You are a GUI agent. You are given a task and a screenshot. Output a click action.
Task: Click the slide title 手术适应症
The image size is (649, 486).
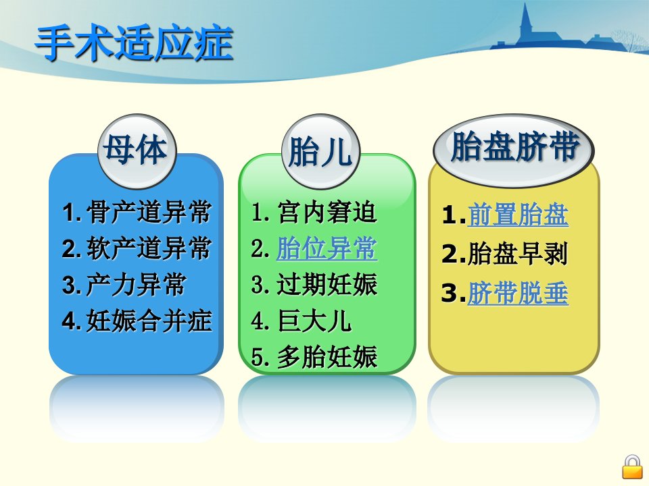pyautogui.click(x=135, y=44)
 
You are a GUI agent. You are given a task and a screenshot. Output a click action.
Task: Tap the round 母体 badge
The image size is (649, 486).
pyautogui.click(x=137, y=151)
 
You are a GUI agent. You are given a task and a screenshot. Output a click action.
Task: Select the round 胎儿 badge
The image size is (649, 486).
pyautogui.click(x=320, y=151)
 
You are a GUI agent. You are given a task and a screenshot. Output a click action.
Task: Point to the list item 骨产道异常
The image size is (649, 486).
pyautogui.click(x=149, y=213)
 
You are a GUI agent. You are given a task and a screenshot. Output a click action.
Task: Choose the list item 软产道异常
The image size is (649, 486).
pyautogui.click(x=149, y=248)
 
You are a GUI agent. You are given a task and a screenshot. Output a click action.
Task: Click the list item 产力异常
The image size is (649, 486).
pyautogui.click(x=136, y=285)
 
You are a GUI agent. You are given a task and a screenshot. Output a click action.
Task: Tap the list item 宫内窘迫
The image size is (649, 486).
pyautogui.click(x=327, y=213)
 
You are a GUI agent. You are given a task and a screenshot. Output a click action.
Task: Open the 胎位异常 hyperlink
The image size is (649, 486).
pyautogui.click(x=327, y=248)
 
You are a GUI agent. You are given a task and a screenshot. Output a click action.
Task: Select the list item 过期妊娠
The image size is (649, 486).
pyautogui.click(x=327, y=285)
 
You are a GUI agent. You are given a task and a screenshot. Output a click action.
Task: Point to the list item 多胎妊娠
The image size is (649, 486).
pyautogui.click(x=327, y=357)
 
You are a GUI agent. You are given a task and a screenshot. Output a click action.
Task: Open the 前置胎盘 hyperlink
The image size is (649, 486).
pyautogui.click(x=518, y=215)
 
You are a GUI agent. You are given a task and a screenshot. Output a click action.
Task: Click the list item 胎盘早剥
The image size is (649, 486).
pyautogui.click(x=518, y=254)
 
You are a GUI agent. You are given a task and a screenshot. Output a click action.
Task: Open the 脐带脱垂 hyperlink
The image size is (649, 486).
pyautogui.click(x=518, y=293)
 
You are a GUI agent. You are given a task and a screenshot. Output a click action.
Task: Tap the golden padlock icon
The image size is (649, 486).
pyautogui.click(x=633, y=467)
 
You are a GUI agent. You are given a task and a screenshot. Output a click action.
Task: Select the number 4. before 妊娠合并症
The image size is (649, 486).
pyautogui.click(x=71, y=321)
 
